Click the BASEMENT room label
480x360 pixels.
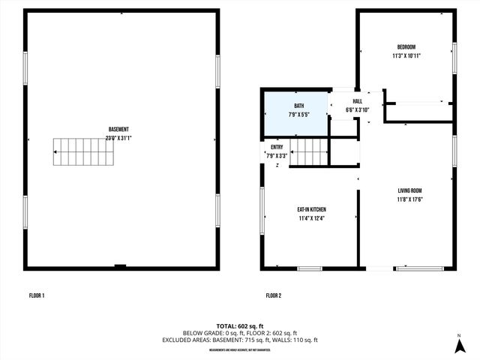pos(119,130)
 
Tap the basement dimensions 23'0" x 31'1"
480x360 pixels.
pos(119,138)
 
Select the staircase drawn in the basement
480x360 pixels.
pos(81,152)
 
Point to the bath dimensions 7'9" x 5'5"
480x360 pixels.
pos(298,115)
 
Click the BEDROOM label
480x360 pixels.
pos(406,46)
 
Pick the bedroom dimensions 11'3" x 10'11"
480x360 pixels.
pos(406,55)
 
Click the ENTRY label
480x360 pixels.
pos(277,147)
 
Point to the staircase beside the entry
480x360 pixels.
pos(308,152)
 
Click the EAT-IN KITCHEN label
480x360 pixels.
pos(311,209)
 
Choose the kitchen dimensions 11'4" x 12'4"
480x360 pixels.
pos(311,218)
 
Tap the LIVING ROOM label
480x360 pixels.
pos(410,190)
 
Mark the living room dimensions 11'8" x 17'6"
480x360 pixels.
pos(410,199)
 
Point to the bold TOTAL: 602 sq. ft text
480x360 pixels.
pos(240,325)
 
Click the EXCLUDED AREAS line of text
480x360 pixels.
pos(240,340)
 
